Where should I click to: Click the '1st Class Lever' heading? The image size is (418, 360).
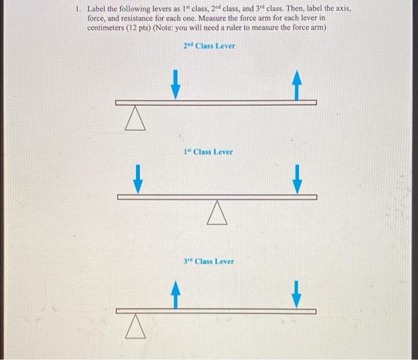208,152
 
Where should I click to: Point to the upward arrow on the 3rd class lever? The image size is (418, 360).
174,295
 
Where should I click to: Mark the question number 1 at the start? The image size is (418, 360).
77,10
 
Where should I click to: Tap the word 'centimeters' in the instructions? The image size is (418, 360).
105,28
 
